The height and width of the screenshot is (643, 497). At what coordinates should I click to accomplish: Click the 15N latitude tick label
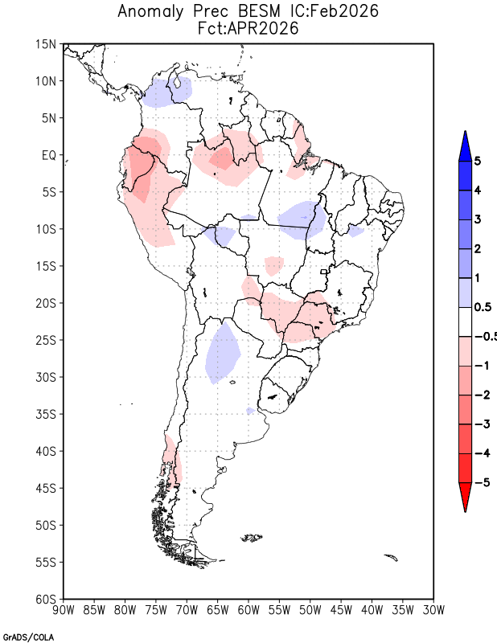46,44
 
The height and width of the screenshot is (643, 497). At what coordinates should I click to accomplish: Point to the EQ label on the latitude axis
48,155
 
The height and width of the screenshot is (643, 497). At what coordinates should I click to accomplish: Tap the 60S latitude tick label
46,600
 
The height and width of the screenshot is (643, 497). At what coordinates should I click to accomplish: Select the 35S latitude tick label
46,414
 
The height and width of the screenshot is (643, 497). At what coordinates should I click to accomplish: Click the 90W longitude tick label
64,611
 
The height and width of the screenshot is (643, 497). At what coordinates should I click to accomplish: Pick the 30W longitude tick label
433,611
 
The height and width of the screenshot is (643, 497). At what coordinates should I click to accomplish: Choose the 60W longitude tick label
249,611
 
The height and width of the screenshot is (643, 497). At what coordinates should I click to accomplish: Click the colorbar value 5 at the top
477,161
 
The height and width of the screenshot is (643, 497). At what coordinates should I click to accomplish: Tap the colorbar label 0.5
483,307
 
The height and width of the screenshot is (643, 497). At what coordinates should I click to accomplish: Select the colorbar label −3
483,424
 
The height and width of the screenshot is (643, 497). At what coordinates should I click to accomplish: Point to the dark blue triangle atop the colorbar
465,145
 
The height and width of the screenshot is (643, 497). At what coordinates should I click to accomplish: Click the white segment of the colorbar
465,322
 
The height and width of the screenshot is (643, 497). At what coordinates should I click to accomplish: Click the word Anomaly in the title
150,11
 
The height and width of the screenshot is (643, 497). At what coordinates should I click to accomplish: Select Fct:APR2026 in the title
248,29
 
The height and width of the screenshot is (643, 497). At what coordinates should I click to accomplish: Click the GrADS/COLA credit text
28,637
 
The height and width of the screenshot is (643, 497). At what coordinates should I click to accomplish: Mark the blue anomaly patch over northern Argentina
223,354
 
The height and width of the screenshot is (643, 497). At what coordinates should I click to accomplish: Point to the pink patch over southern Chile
172,459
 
